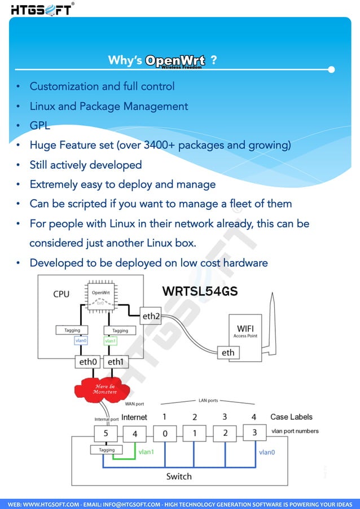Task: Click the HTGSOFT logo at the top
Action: pos(41,10)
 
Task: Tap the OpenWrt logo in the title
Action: pos(175,61)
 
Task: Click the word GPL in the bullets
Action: pos(39,125)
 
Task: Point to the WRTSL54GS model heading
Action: pos(200,291)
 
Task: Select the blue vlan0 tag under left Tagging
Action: pos(81,341)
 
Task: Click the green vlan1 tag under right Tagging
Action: pos(111,341)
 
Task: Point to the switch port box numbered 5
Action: pos(106,434)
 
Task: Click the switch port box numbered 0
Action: pos(165,434)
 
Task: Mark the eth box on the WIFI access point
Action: pos(227,353)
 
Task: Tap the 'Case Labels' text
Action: pos(291,417)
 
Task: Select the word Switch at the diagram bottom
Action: pos(179,476)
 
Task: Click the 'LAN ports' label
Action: pos(208,400)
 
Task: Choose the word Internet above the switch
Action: pos(134,418)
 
